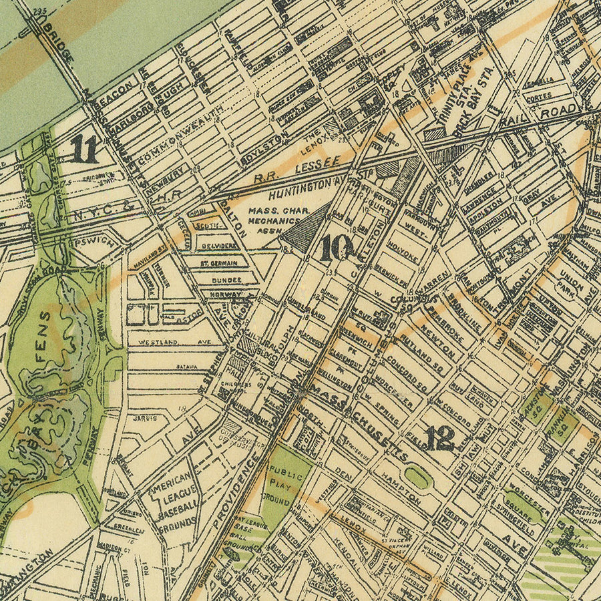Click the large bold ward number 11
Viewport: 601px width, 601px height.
point(84,149)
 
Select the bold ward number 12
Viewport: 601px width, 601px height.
point(439,438)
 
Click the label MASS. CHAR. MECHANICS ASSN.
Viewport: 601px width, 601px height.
point(274,221)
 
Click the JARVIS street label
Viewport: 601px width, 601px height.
point(150,418)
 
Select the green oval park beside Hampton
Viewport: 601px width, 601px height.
point(417,476)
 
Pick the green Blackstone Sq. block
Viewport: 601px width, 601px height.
point(536,407)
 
